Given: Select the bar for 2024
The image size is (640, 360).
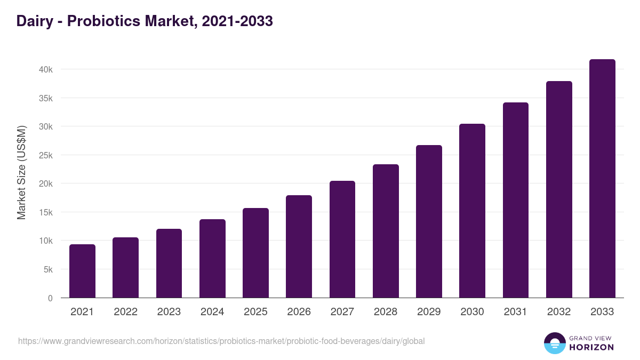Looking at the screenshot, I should tap(212, 259).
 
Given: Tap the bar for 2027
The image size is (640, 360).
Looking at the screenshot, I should tap(342, 239).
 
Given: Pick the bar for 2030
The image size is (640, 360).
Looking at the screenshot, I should tap(472, 211).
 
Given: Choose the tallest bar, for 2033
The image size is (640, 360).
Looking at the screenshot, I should tap(602, 179).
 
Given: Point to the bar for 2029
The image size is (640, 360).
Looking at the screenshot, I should tap(429, 221).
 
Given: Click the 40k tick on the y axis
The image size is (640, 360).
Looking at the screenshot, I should tap(45, 69).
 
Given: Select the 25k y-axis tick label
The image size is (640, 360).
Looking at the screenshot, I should tap(45, 155).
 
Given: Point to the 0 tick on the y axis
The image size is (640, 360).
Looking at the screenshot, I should tap(50, 298).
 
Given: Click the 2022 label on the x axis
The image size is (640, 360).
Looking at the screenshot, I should tap(125, 312).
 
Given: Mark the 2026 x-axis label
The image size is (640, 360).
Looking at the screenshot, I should tap(299, 312).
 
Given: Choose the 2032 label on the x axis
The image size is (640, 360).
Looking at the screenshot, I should tap(559, 312).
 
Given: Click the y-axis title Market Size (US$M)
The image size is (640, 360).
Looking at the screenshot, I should tap(21, 172).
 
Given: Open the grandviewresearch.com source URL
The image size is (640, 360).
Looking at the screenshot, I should tap(221, 341).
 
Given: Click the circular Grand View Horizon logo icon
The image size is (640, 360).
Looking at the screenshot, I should tap(554, 343).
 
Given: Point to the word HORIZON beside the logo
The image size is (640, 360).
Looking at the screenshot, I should tap(591, 347).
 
